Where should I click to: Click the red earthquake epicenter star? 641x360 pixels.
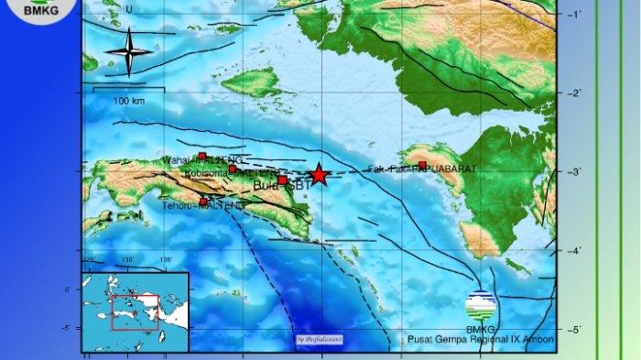coord(318,175)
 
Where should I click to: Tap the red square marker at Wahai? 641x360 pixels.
coord(202,157)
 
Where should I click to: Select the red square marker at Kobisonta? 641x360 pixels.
coord(233,169)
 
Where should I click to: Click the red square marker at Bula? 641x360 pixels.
coord(283,180)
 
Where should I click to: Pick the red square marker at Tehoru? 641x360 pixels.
coord(203,202)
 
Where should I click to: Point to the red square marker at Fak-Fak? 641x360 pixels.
coord(422,165)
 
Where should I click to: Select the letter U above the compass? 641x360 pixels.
coord(128,10)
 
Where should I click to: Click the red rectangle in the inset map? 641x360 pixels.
coord(135,311)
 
